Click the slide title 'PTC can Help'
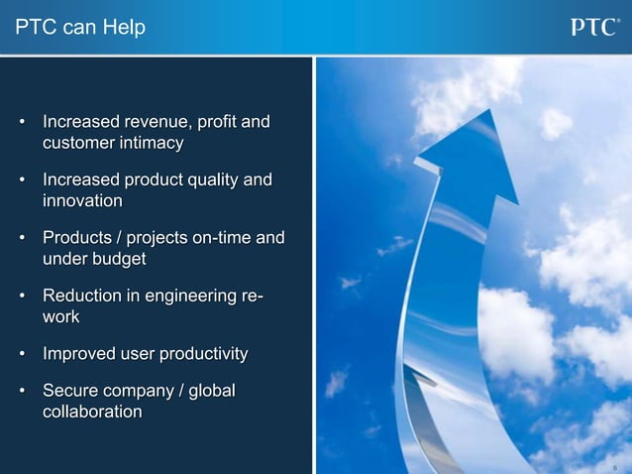click(x=80, y=28)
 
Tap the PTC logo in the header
click(x=594, y=28)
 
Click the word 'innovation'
click(x=82, y=201)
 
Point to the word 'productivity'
click(x=199, y=353)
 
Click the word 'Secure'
click(x=70, y=391)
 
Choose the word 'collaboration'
click(x=92, y=412)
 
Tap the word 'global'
click(x=211, y=391)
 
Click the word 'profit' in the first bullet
click(x=217, y=123)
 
